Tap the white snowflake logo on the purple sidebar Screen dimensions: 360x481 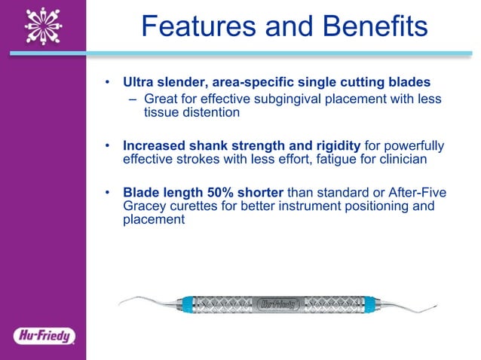[x=42, y=26]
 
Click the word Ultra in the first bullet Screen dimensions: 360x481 [x=139, y=81]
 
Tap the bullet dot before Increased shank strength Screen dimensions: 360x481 [x=109, y=145]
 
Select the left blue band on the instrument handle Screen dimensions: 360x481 [x=188, y=305]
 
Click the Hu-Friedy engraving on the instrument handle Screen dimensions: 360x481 [x=280, y=305]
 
